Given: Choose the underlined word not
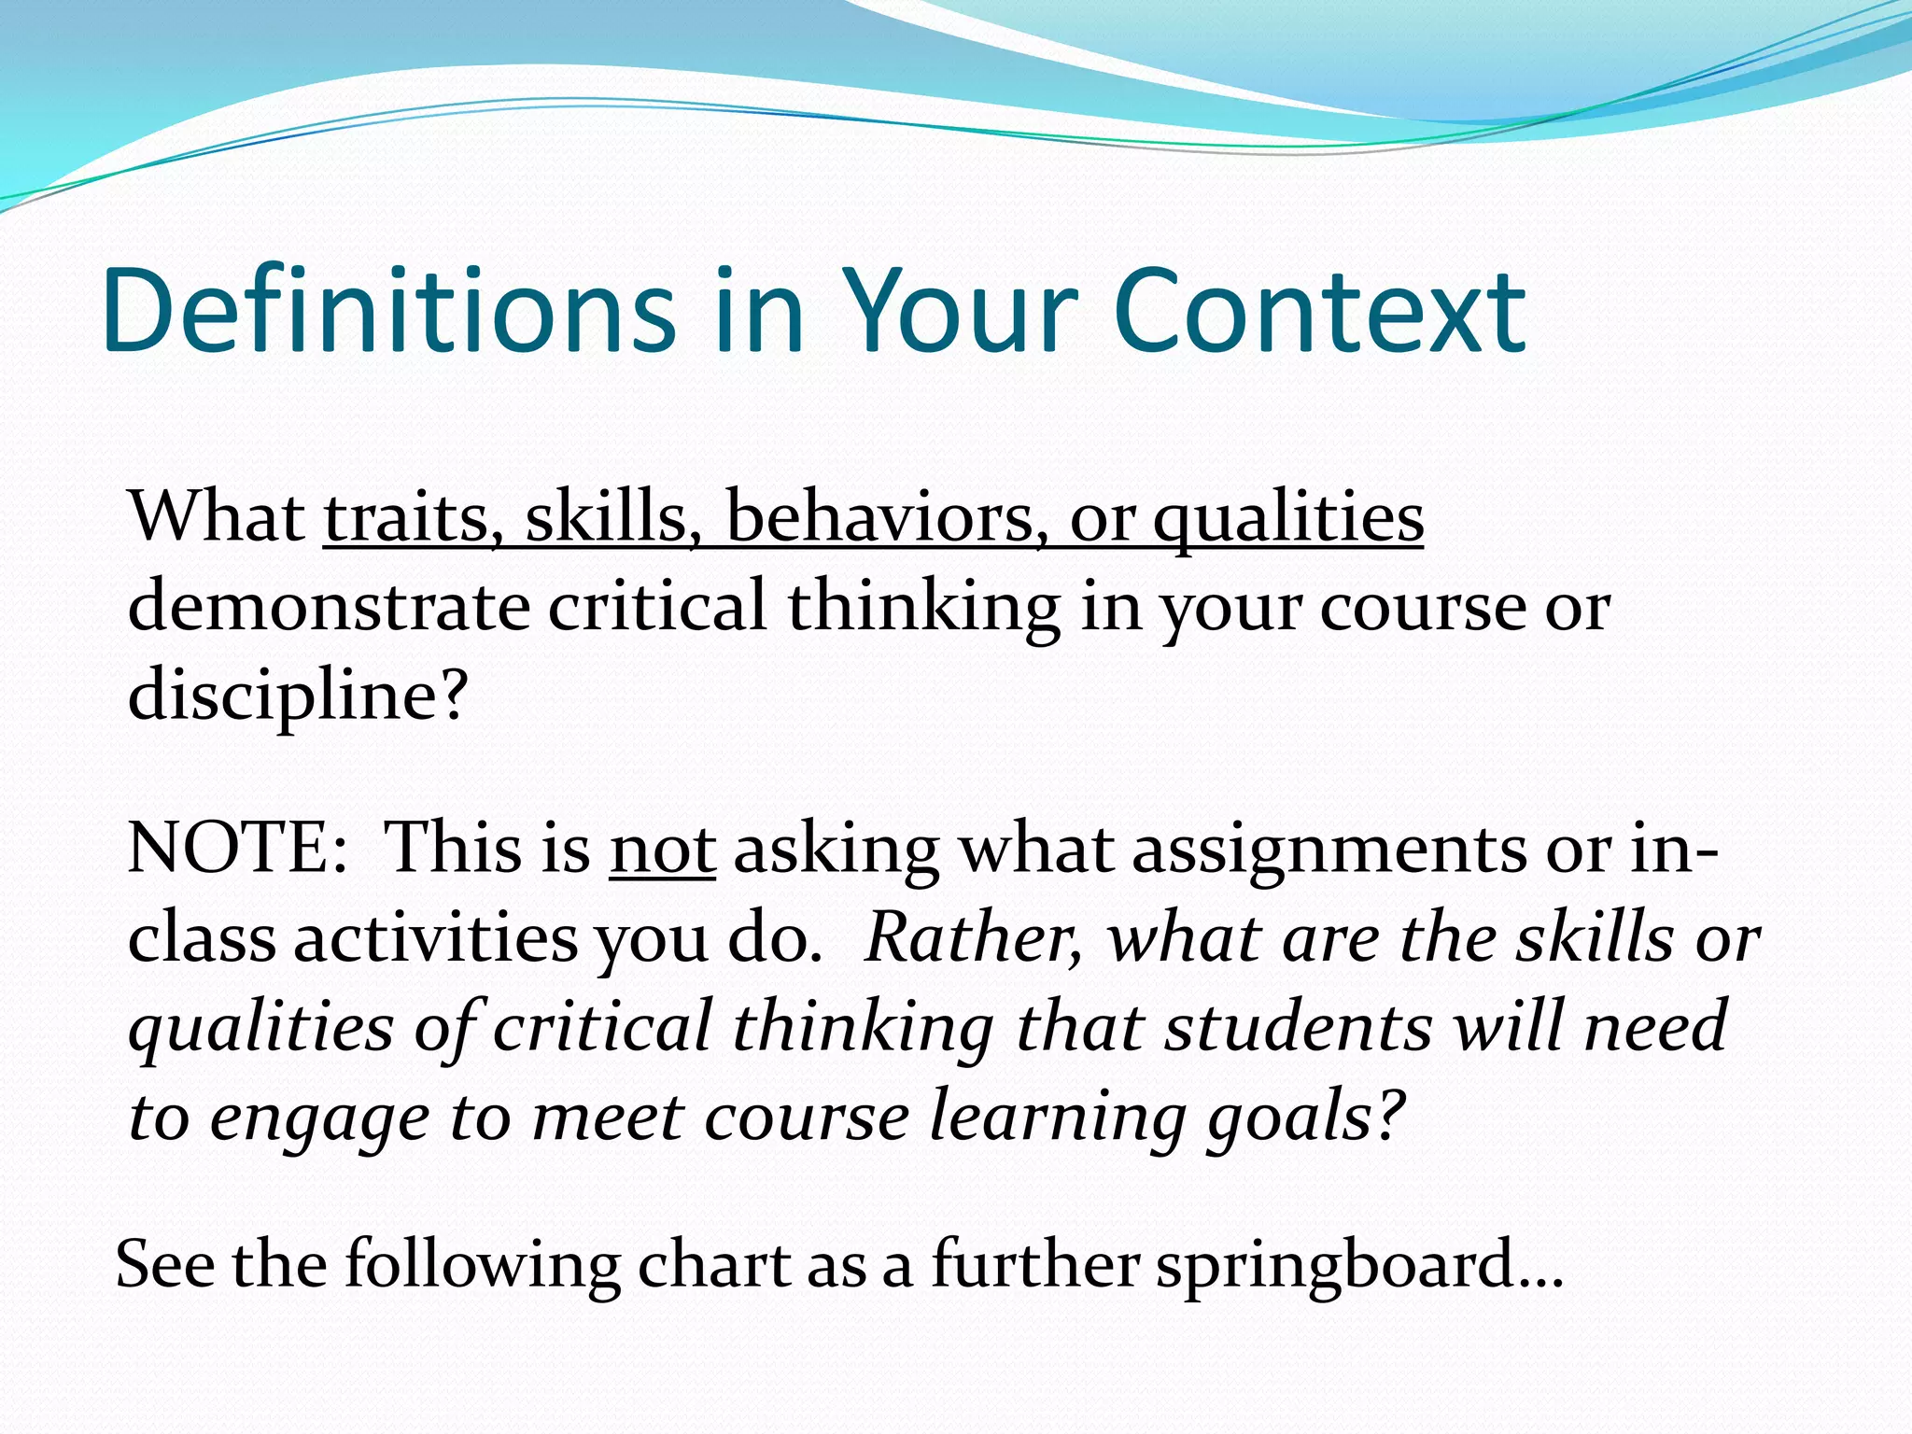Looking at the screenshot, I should tap(663, 849).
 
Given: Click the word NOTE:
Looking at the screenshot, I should tap(237, 849).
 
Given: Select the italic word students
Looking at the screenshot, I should tap(1299, 1027).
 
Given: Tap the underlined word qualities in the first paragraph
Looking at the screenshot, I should tap(1288, 519).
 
